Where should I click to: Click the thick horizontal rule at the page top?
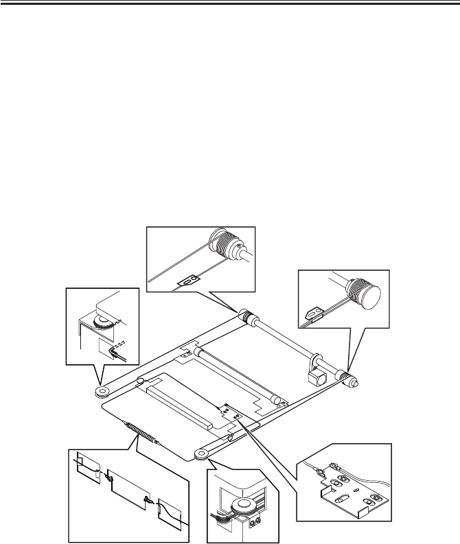coord(230,3)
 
